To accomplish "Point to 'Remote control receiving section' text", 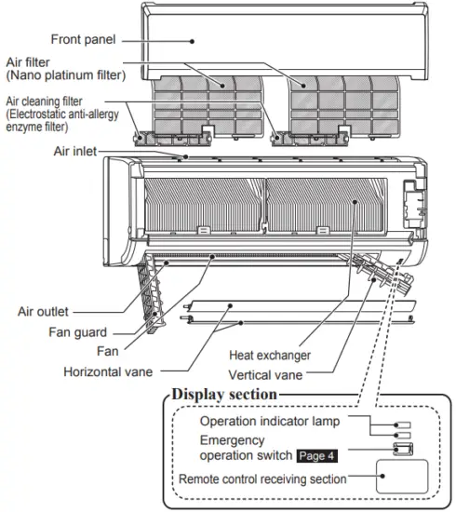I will point(264,478).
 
